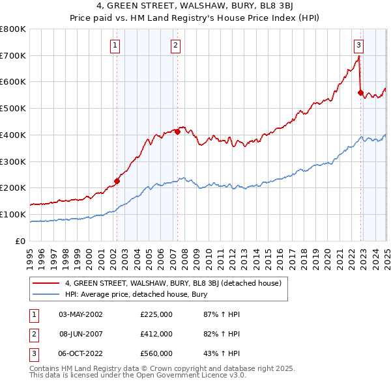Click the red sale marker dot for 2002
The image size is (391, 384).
coord(117,181)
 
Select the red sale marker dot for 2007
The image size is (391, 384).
coord(177,131)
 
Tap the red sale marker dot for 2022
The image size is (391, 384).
coord(360,92)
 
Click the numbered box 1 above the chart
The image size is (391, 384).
coord(115,46)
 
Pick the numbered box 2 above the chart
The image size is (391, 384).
coord(176,46)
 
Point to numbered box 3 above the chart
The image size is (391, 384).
coord(359,46)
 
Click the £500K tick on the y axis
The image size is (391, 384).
coord(13,108)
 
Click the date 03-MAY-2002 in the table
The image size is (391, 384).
coord(81,314)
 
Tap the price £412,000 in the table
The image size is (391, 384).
coord(156,334)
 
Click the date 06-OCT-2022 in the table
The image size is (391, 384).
coord(81,353)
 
